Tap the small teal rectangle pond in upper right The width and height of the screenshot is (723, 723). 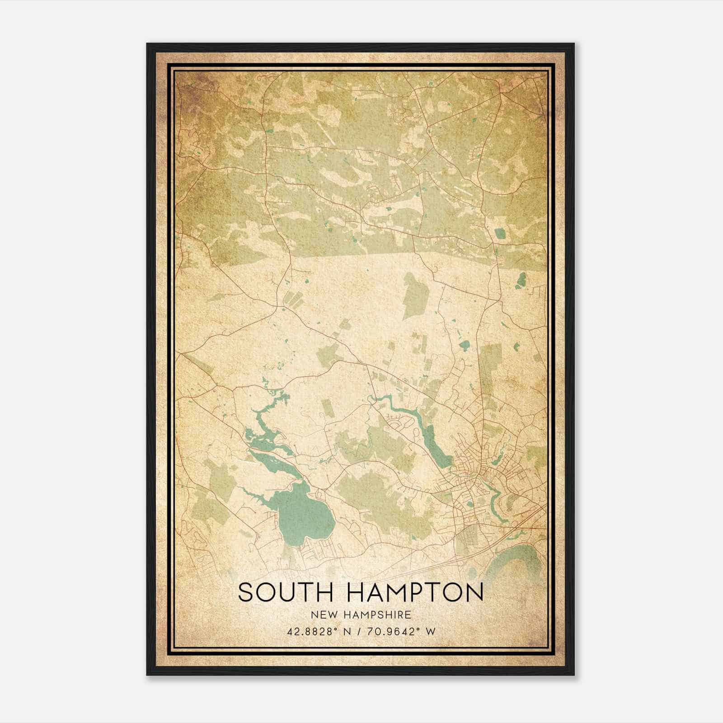(500, 234)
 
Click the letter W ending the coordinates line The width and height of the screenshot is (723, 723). (431, 631)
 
